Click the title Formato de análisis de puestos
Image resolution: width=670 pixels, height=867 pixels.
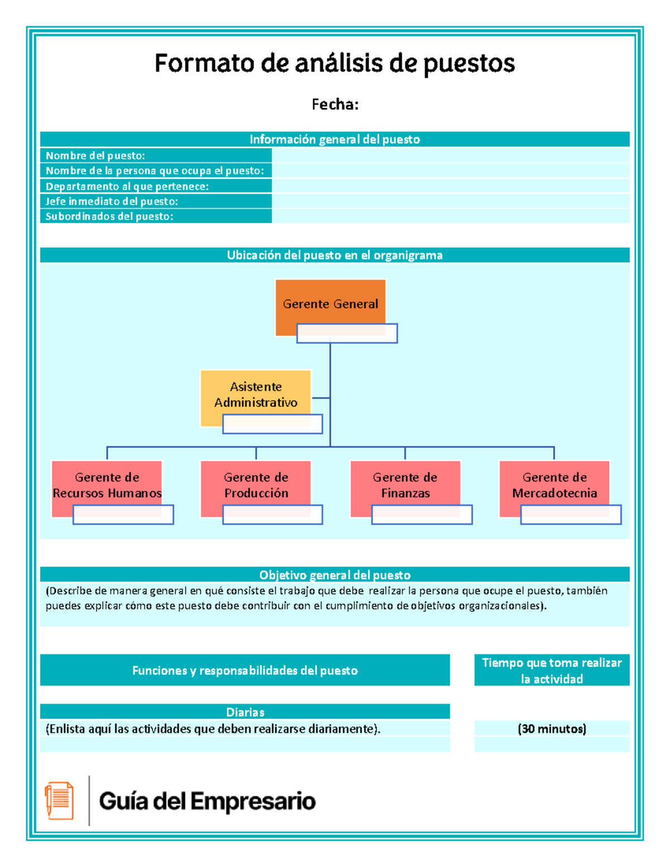334,63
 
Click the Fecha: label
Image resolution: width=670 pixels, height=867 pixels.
334,104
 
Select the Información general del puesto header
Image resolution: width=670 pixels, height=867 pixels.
334,139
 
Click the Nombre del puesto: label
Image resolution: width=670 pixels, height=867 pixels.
95,156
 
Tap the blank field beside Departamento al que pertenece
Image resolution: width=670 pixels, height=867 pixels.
450,186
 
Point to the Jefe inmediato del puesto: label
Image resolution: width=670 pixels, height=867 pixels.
112,201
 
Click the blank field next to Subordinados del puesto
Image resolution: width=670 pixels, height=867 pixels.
450,216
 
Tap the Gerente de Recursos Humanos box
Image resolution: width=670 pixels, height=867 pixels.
107,483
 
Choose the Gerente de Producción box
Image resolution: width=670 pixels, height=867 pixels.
256,483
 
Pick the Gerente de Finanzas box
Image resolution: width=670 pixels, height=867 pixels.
405,483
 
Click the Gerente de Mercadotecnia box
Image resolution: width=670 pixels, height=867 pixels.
554,483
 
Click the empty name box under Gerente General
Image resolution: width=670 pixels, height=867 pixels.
347,334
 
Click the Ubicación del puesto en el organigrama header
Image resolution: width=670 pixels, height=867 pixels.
334,255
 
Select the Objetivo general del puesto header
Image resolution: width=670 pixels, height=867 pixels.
334,574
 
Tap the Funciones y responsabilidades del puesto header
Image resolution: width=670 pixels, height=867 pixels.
245,670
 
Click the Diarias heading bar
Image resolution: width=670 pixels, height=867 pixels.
245,712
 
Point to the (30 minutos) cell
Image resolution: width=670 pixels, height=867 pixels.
552,729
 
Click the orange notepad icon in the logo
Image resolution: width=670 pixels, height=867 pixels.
59,800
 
